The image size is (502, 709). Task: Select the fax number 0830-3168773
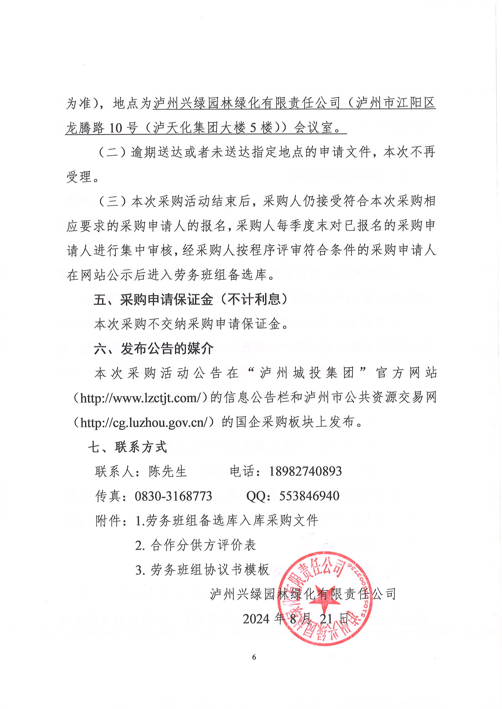click(173, 496)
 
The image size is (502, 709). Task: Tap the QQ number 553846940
click(309, 496)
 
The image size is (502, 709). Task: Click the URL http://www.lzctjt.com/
click(141, 398)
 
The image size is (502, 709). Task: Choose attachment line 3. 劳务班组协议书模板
click(202, 570)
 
